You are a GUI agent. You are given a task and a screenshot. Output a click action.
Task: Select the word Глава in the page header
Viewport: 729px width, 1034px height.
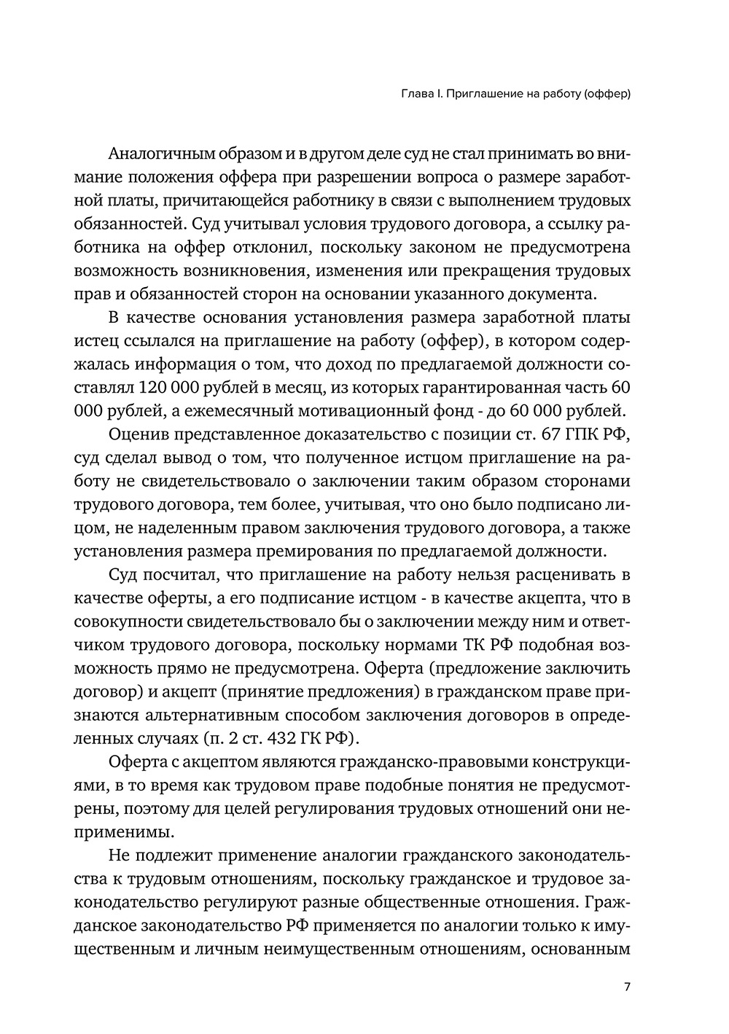pyautogui.click(x=419, y=94)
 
